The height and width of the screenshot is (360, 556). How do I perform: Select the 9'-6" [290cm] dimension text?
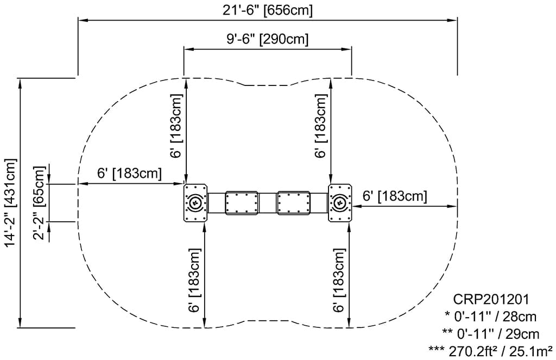point(268,39)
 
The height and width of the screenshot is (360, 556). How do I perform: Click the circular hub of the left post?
point(195,203)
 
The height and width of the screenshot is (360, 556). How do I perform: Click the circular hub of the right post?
point(340,203)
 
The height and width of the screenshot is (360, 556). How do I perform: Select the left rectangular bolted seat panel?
point(241,203)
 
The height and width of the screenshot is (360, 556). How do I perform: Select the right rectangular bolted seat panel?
point(293,203)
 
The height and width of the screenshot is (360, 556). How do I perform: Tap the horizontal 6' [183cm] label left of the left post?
point(130,173)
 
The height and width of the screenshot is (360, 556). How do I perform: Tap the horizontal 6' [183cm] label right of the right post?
point(395,196)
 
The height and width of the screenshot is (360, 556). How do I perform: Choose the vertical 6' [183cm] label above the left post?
point(176,126)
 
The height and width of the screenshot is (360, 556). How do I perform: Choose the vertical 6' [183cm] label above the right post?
point(321,126)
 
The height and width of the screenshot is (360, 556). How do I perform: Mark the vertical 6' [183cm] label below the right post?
point(339,280)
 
